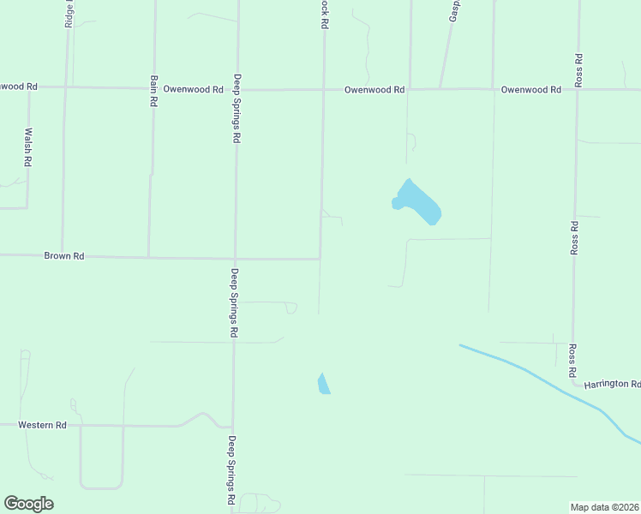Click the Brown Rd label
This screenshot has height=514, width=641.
64,255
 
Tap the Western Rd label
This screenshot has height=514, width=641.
44,425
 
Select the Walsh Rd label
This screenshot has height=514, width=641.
28,146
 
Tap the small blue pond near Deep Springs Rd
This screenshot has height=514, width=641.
323,384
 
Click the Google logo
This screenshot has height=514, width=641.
28,504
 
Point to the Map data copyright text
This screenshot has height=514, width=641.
605,506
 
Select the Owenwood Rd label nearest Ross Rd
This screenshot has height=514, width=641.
530,89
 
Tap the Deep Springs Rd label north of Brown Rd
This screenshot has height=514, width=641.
235,109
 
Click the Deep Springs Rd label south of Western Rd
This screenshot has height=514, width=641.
232,469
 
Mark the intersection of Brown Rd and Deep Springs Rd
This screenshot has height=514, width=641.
235,258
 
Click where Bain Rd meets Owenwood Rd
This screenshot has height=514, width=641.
153,87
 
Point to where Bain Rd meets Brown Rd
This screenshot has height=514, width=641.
149,256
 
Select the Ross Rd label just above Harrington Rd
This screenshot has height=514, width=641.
572,361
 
